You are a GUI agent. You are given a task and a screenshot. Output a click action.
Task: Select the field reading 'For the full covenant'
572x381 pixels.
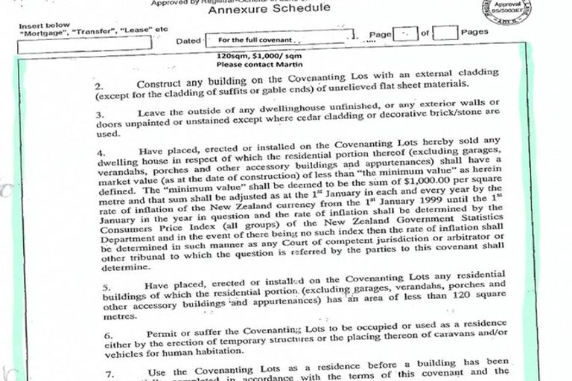276,38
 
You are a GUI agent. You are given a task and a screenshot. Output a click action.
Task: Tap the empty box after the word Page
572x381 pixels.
403,33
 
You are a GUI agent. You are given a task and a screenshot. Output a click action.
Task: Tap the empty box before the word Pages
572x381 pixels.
445,33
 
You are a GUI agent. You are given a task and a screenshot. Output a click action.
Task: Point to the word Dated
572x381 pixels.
188,41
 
